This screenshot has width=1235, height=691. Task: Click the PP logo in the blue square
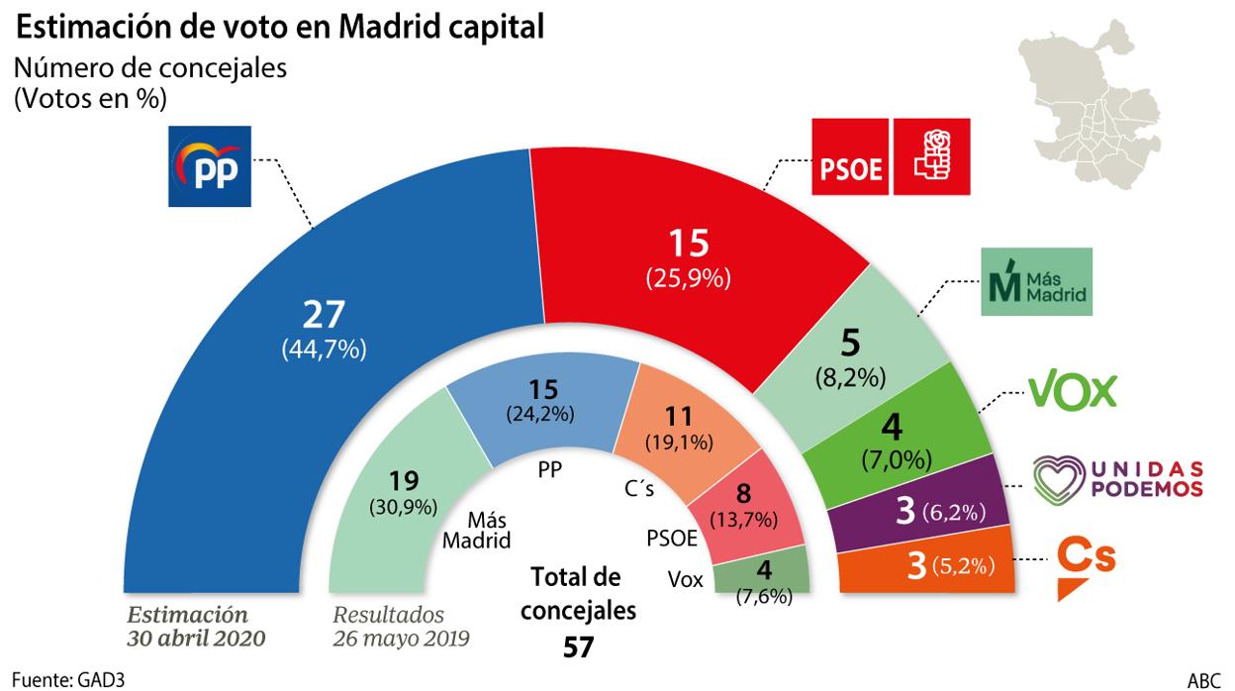point(210,166)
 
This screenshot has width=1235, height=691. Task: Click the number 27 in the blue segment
point(324,314)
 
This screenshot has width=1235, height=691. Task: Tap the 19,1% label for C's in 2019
point(673,443)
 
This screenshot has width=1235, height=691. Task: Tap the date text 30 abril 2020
point(196,639)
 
